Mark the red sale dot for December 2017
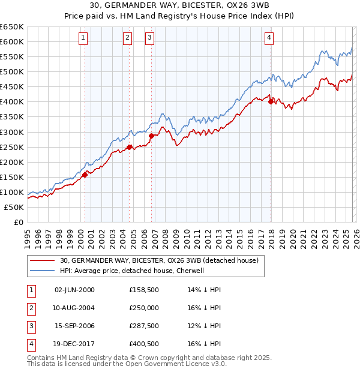[271, 101]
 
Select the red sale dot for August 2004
[130, 146]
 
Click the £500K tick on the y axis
[12, 71]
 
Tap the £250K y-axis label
[12, 147]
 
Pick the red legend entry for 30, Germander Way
[159, 260]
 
